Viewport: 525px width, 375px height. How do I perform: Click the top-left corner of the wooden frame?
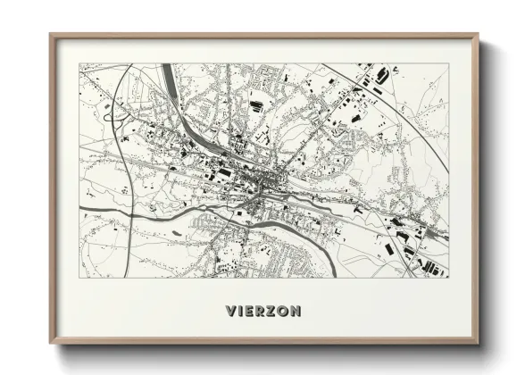point(51,35)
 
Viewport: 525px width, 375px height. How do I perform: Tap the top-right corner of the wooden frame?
point(478,35)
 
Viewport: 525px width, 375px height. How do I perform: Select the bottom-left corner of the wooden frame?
point(51,344)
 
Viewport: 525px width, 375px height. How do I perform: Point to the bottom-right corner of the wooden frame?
point(478,344)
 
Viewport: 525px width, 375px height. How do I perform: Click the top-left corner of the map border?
point(79,63)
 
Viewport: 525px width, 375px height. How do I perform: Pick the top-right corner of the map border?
point(448,63)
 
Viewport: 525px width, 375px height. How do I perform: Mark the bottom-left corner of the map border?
point(79,278)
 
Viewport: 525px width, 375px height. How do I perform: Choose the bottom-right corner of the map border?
point(448,278)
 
